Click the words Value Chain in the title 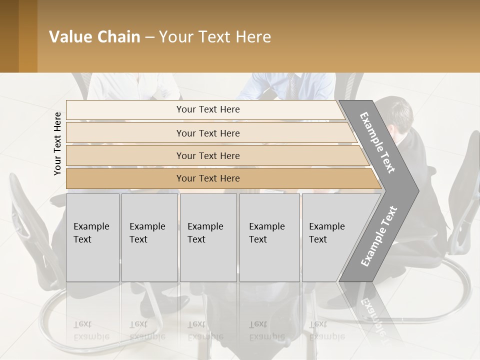(x=94, y=37)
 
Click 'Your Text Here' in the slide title (x=215, y=37)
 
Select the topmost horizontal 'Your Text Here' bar (x=207, y=109)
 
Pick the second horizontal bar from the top (x=207, y=133)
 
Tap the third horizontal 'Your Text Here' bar (x=207, y=155)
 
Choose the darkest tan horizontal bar (x=207, y=178)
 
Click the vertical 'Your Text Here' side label (x=57, y=143)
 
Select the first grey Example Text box (x=92, y=237)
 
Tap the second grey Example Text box (x=149, y=237)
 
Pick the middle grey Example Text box (x=208, y=237)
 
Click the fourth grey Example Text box (x=269, y=237)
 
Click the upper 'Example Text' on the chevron (x=377, y=143)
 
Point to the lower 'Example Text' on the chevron (x=379, y=236)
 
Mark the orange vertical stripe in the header (x=28, y=36)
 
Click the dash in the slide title (x=149, y=37)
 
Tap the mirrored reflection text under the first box (x=91, y=330)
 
